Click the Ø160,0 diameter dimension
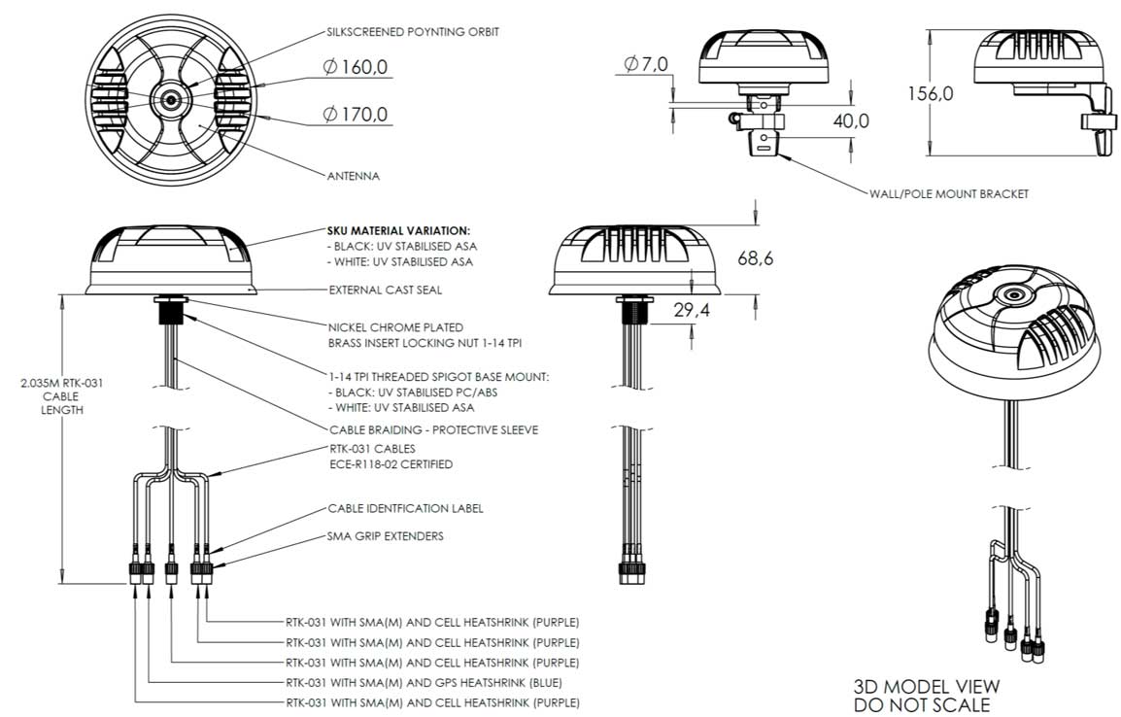pos(356,67)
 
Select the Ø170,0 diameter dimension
pos(356,115)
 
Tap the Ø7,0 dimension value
pos(646,64)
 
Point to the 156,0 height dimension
pos(930,93)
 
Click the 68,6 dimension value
pos(755,258)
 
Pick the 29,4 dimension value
pos(692,310)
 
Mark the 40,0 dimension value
pos(851,121)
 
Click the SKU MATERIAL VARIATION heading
pos(399,231)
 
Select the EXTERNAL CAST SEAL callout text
pos(386,290)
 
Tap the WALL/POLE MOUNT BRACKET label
pos(949,193)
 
